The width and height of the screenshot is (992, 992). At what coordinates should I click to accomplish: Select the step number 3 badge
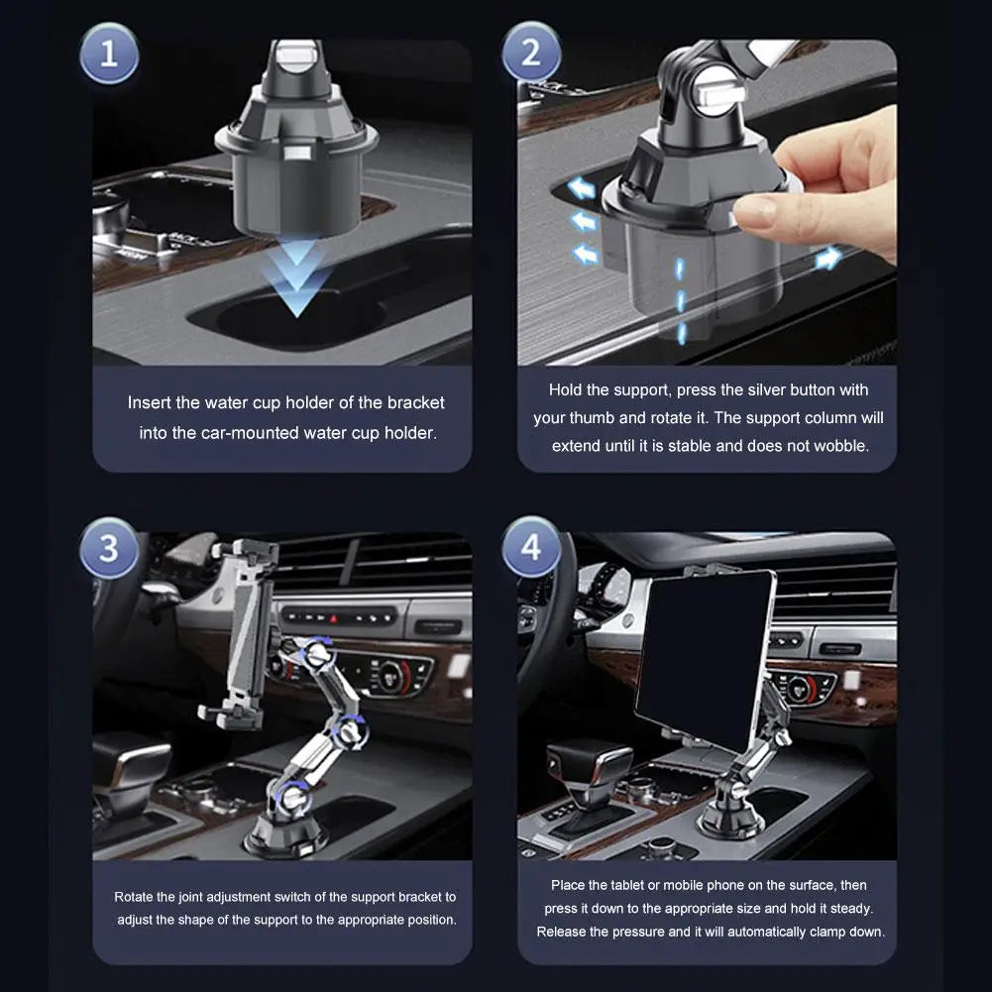pyautogui.click(x=108, y=547)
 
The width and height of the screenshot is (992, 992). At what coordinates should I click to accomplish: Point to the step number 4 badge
pyautogui.click(x=531, y=547)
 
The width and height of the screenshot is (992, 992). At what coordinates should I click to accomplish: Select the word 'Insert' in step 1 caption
pyautogui.click(x=152, y=402)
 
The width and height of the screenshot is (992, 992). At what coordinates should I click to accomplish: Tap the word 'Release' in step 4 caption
pyautogui.click(x=562, y=932)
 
